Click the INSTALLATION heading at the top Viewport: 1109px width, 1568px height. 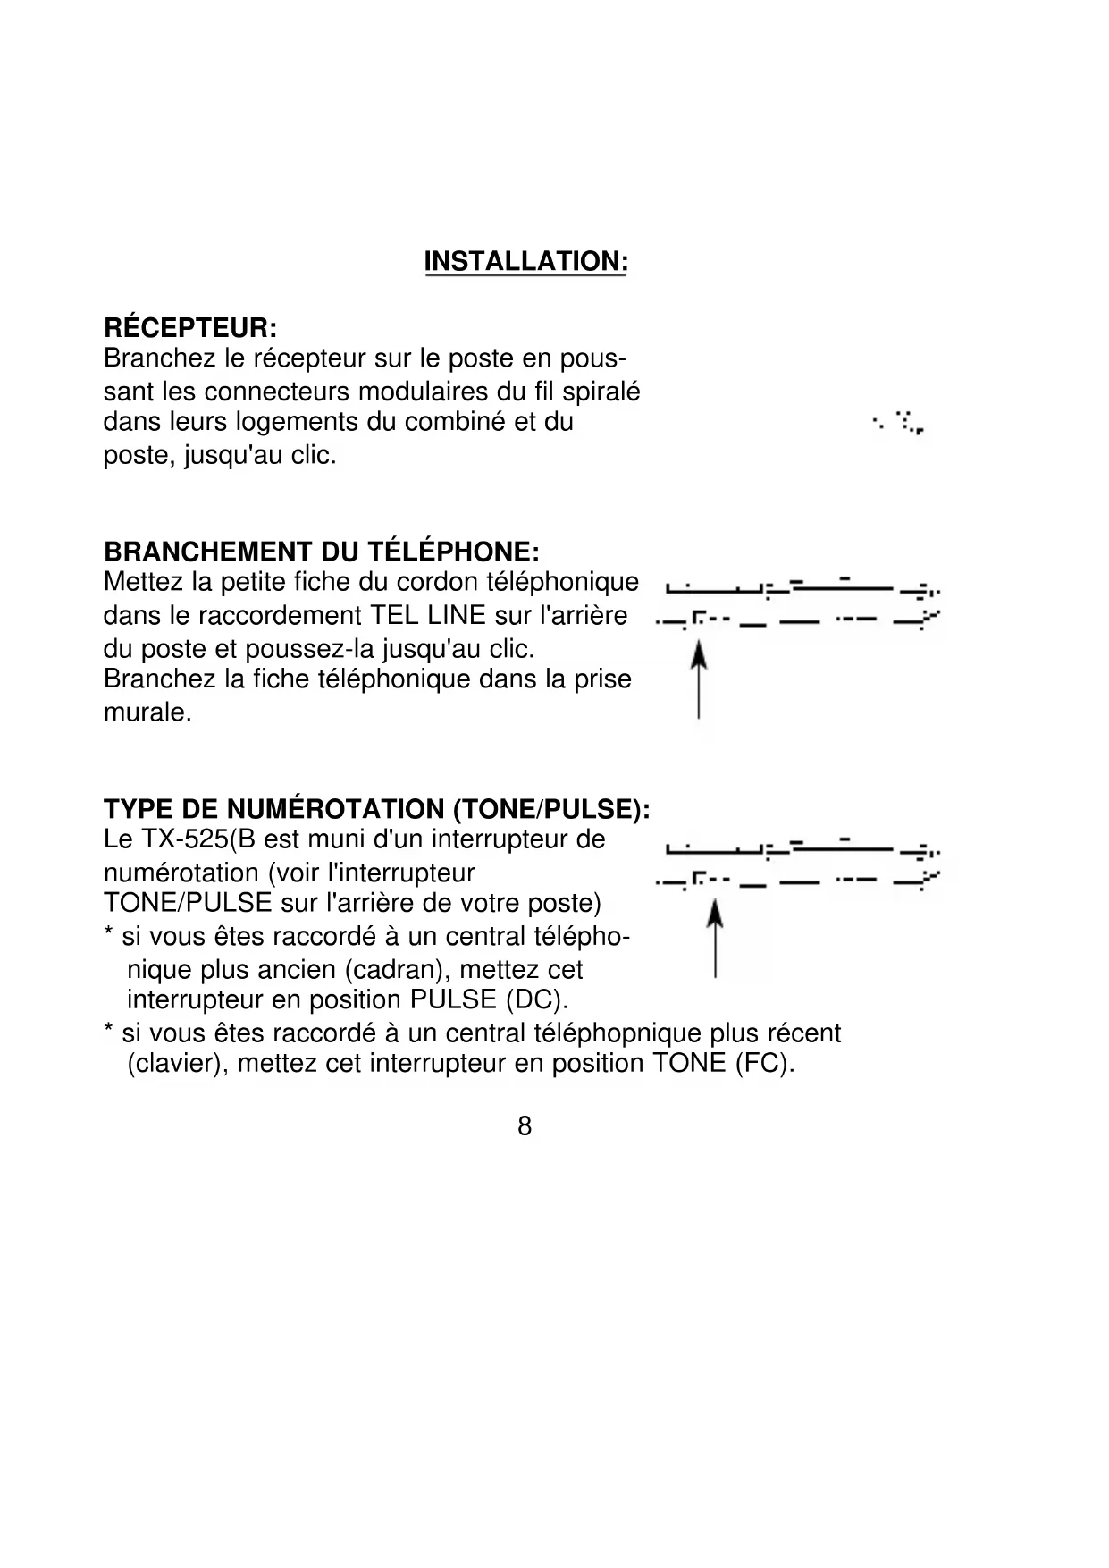525,262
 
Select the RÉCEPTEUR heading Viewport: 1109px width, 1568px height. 190,327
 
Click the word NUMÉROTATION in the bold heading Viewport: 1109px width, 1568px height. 338,809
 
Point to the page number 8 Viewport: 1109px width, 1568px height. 525,1126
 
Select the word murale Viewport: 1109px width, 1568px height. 147,713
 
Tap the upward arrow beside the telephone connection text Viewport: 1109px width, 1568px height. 699,684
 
